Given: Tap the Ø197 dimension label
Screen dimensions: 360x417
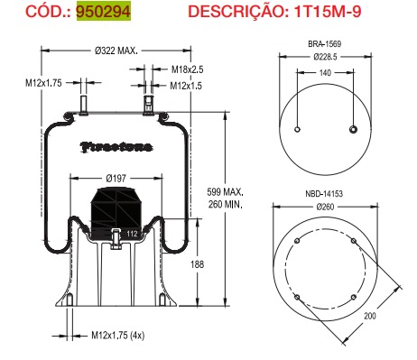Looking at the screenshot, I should pyautogui.click(x=115, y=179).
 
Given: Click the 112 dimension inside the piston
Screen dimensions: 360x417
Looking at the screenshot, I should pyautogui.click(x=132, y=236).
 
